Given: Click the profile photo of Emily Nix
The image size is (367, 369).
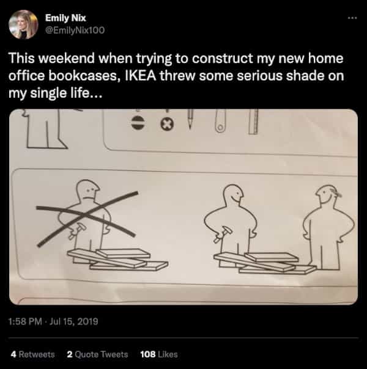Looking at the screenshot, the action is click(23, 24).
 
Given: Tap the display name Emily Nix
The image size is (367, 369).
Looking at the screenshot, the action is click(65, 18).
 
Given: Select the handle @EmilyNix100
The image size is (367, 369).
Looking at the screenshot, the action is click(75, 30).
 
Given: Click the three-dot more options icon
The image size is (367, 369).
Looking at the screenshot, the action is click(353, 18).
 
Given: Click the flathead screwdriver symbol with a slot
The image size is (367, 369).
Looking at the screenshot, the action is click(138, 123).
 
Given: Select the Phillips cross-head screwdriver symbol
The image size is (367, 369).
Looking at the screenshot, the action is click(167, 124).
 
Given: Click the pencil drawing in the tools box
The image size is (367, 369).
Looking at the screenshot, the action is click(190, 119).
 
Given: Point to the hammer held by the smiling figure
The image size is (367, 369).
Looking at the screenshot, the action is click(223, 233).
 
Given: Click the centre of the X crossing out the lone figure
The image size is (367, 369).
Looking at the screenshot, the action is click(84, 214).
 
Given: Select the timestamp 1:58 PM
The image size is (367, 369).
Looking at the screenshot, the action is click(25, 321).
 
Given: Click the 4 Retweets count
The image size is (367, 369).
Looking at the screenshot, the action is click(33, 354).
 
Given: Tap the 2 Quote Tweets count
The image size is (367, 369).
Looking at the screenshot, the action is click(97, 354).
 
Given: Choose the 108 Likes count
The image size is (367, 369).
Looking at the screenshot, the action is click(159, 354).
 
